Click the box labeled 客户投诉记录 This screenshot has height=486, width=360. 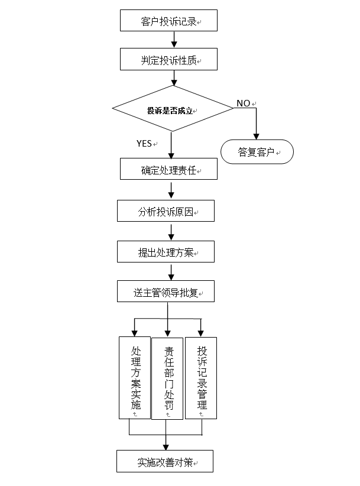(169, 21)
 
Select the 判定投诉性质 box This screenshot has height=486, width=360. (169, 60)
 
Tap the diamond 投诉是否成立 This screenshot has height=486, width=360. (172, 109)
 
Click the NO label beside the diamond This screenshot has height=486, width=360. (244, 103)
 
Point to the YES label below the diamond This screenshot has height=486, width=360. (144, 143)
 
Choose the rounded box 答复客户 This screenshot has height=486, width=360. (257, 151)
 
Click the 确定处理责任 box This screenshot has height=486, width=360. (169, 170)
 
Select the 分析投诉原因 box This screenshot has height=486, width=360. (165, 212)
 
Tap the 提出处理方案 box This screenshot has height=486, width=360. (165, 252)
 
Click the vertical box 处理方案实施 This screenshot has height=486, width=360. (135, 378)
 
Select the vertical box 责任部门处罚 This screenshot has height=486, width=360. (168, 378)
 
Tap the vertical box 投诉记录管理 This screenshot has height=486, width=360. (201, 378)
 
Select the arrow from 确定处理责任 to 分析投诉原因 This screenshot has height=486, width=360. (171, 190)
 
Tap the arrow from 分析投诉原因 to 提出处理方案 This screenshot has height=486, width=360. (171, 231)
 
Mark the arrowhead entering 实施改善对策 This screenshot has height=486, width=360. (166, 446)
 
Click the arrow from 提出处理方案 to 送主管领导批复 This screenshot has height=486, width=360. (171, 271)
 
